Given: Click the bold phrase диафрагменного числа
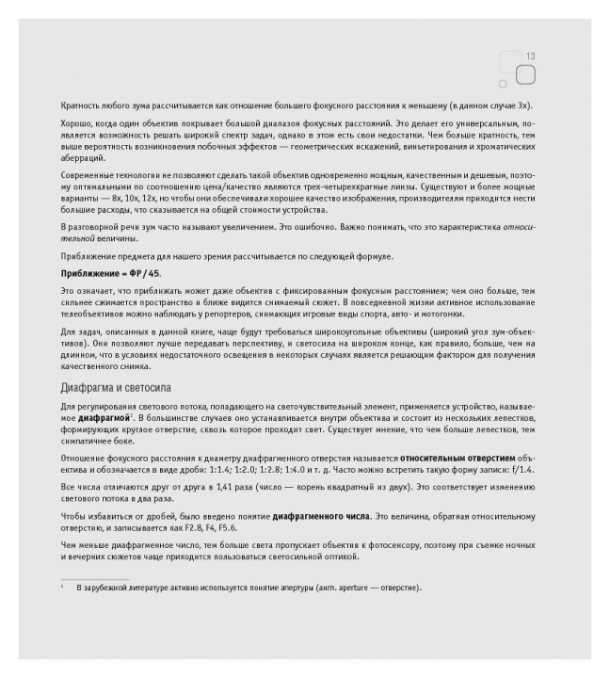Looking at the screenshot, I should pyautogui.click(x=322, y=518).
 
